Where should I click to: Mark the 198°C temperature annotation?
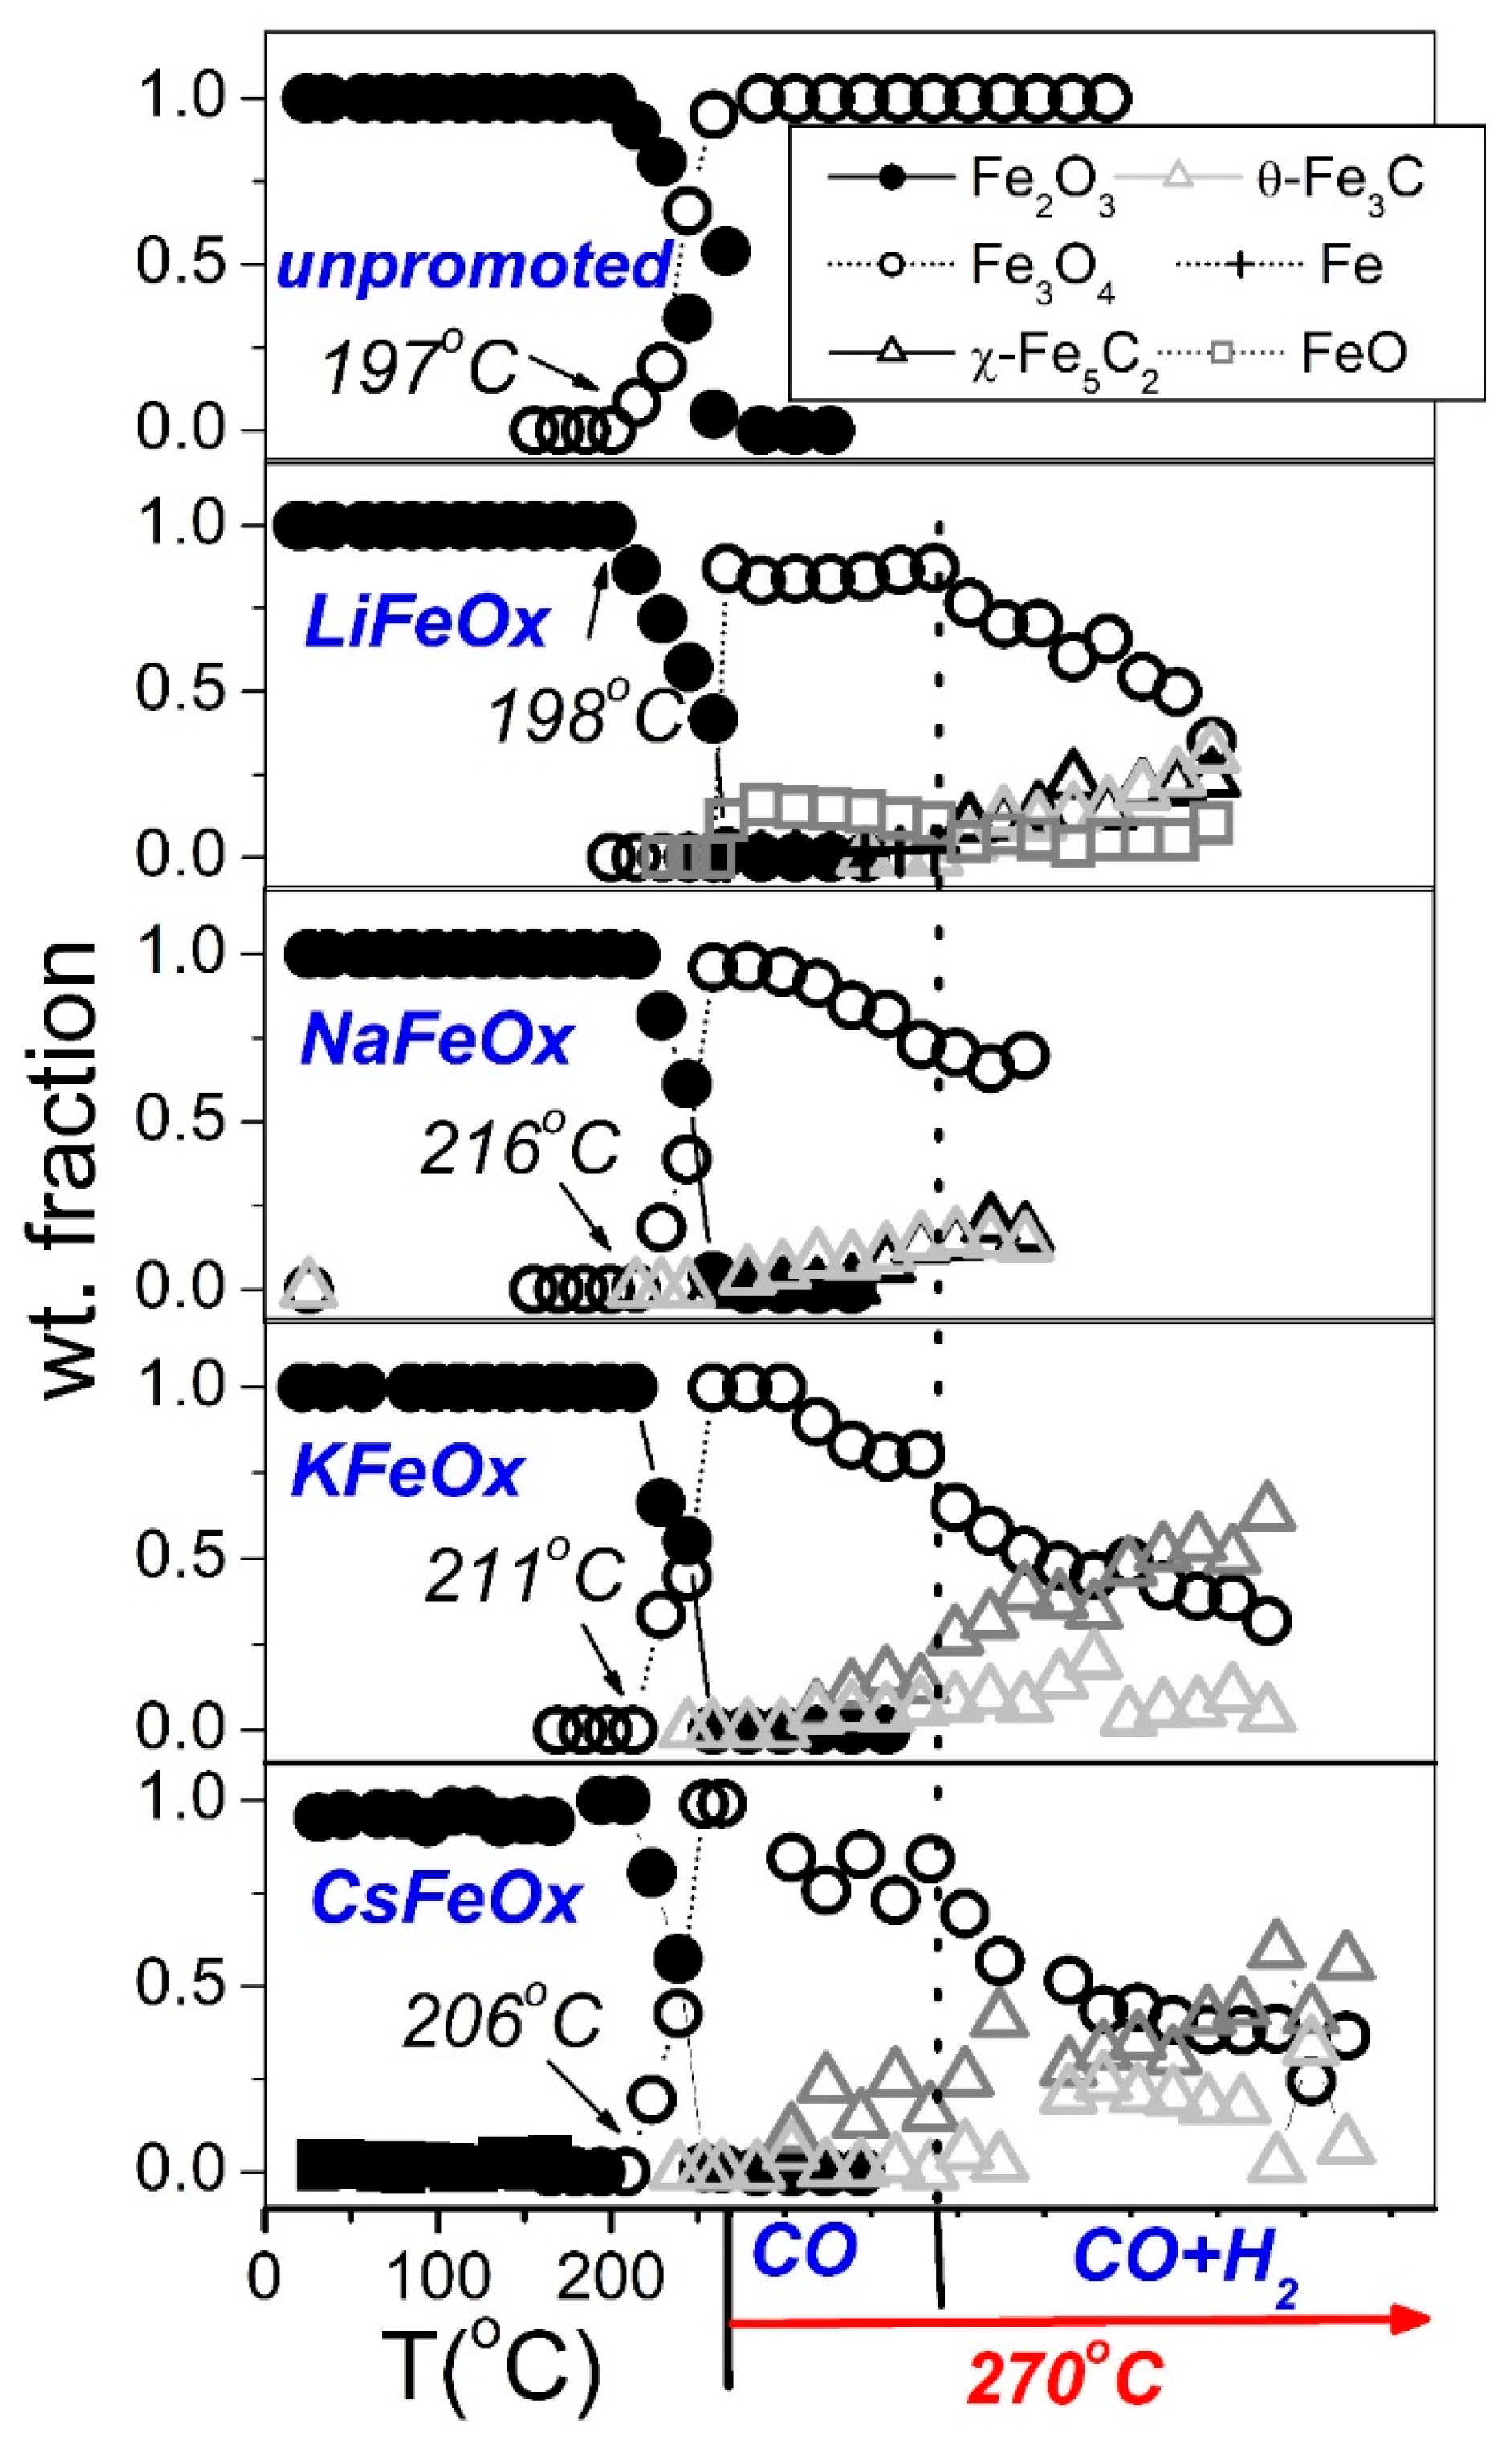pyautogui.click(x=585, y=717)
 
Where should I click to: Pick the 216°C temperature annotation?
pyautogui.click(x=520, y=1148)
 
